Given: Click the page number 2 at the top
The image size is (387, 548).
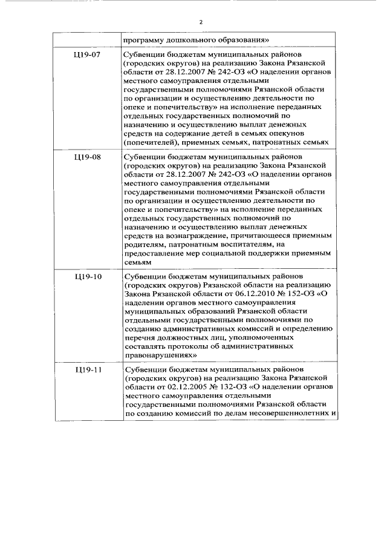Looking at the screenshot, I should click(x=200, y=22).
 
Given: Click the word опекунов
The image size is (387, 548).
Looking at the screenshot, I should click(x=293, y=133).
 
